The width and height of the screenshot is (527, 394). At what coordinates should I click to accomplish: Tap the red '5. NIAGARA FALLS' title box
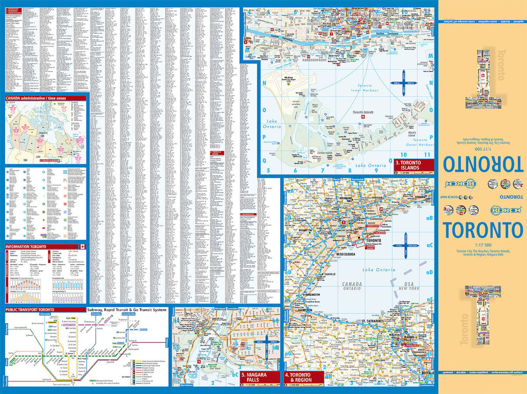259,377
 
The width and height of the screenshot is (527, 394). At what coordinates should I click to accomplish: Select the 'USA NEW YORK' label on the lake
407,286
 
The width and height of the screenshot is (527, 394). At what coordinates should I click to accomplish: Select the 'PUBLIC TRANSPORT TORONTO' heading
30,309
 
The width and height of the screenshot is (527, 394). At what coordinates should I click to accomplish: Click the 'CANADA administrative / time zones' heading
36,98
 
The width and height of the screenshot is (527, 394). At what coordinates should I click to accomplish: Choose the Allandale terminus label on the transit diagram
46,315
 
